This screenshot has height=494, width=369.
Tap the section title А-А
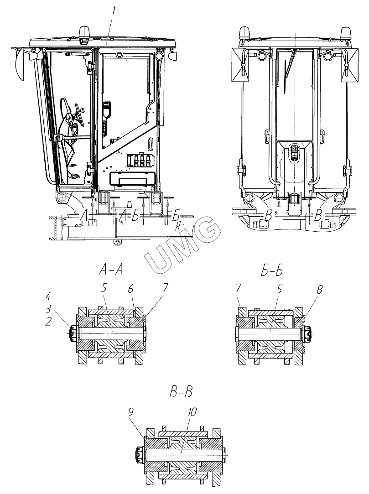tap(111, 270)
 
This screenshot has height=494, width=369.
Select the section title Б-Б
tap(272, 270)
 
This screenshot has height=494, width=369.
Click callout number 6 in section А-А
tap(130, 289)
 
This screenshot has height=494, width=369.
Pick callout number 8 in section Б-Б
tap(319, 290)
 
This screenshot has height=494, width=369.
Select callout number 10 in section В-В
tap(192, 411)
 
